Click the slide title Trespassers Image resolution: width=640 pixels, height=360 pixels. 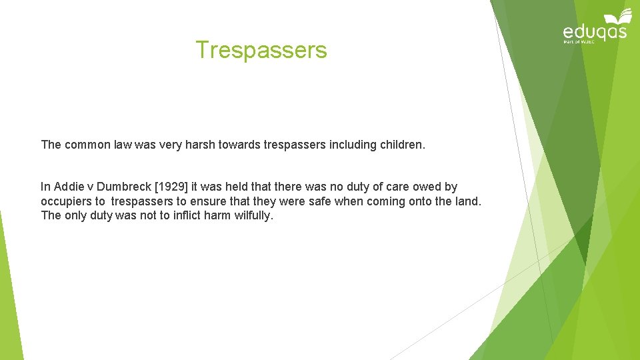pos(261,50)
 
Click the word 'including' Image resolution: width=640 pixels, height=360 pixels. pos(351,145)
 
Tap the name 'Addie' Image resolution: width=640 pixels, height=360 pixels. pos(69,187)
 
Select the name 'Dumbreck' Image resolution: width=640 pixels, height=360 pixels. pos(123,187)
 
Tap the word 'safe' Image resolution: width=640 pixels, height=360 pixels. pos(316,201)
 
